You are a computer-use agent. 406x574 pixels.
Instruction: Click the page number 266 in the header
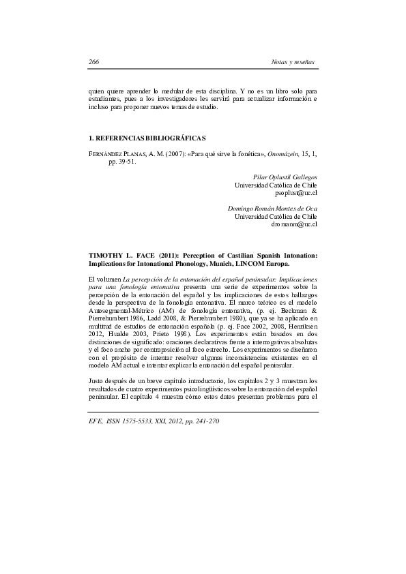[94, 62]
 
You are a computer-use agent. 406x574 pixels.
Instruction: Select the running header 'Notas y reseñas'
[293, 62]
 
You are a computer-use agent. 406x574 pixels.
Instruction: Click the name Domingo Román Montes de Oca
[272, 208]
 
